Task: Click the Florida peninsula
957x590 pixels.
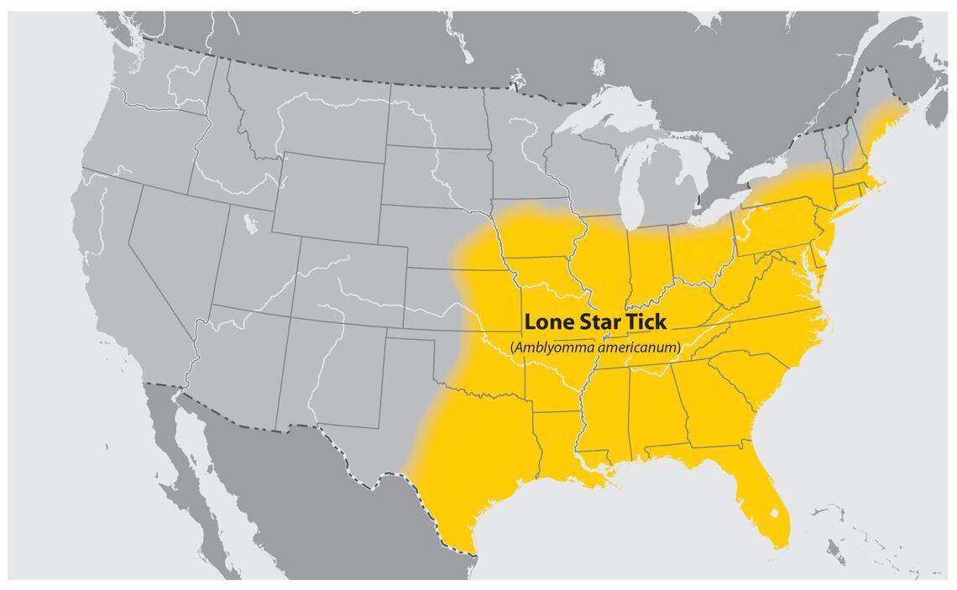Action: [764, 495]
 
